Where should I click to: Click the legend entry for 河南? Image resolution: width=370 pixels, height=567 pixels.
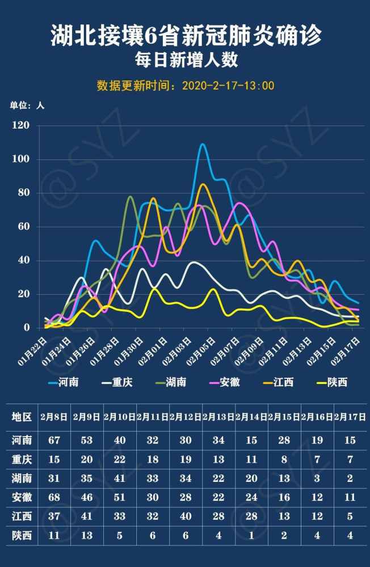(x=62, y=382)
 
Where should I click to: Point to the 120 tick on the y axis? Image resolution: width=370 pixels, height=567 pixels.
(x=21, y=125)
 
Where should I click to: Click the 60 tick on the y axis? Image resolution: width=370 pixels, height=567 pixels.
(x=23, y=227)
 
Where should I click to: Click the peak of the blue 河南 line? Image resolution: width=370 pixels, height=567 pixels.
(x=203, y=145)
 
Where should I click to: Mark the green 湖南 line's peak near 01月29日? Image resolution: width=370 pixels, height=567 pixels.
(x=131, y=197)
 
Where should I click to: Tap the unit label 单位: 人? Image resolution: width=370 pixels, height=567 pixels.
(x=27, y=105)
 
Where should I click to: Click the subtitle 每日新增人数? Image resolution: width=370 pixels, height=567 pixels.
(x=185, y=59)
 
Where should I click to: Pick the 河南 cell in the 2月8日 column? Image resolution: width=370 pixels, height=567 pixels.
(x=54, y=440)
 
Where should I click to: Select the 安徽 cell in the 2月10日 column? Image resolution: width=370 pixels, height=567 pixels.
(x=120, y=498)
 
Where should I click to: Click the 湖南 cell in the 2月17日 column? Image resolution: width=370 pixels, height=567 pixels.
(x=350, y=479)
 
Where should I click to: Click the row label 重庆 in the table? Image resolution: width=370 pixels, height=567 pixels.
(x=22, y=459)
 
